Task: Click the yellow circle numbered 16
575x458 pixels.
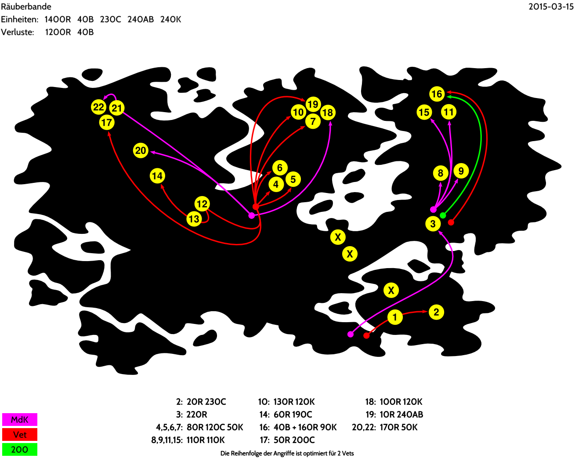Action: click(x=437, y=94)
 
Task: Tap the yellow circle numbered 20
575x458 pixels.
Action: click(x=141, y=150)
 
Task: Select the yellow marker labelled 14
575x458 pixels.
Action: click(x=157, y=176)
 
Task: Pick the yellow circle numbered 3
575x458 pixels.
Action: click(x=433, y=224)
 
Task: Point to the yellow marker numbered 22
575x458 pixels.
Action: click(x=98, y=107)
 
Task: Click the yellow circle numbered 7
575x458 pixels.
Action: click(x=313, y=121)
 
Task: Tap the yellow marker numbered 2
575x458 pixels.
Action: click(x=436, y=312)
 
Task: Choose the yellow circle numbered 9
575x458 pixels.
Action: click(x=461, y=171)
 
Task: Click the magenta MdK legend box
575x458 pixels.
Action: click(x=20, y=419)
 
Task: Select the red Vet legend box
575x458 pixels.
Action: click(x=20, y=434)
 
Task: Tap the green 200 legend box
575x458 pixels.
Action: click(x=20, y=450)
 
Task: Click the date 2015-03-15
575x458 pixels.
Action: click(x=551, y=7)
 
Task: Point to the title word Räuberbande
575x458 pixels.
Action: click(x=26, y=7)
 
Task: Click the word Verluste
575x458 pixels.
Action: click(x=18, y=32)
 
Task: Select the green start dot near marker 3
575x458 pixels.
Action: click(x=443, y=215)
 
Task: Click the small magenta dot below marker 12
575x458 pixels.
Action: click(x=251, y=215)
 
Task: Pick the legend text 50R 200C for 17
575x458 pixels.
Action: click(x=294, y=440)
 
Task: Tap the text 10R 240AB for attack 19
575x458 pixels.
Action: click(x=401, y=414)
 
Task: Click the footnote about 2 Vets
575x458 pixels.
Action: click(x=287, y=454)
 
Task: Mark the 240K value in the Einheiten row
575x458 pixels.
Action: click(x=171, y=19)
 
